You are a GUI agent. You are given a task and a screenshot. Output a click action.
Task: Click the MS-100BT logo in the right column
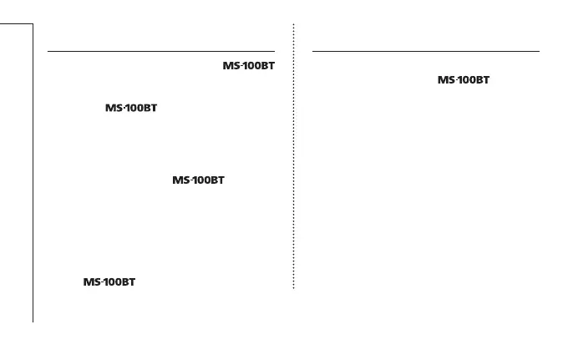coord(464,80)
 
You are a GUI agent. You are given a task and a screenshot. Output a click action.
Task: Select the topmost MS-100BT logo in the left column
coord(248,66)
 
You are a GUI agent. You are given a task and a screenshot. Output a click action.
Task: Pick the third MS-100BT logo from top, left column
coord(198,180)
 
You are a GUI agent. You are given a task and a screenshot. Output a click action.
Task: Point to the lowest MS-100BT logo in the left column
coord(109,282)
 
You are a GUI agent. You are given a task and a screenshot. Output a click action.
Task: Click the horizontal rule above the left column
coord(161,51)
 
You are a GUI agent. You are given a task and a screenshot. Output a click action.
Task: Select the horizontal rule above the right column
coord(426,51)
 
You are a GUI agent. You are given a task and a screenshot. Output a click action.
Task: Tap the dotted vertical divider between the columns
coord(294,159)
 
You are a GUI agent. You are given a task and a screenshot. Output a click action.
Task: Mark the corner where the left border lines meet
coord(33,24)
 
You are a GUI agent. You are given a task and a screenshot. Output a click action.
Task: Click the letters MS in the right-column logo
coord(446,80)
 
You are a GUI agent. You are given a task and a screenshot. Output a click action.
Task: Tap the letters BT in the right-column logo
coord(481,80)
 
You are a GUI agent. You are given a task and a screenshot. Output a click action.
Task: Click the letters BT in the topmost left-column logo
coord(266,66)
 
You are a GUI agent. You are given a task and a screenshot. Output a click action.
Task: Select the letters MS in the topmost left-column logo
coord(231,66)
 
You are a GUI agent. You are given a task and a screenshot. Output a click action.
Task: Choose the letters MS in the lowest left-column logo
coord(91,282)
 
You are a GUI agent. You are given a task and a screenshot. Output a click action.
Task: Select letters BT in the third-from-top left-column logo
coord(216,180)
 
